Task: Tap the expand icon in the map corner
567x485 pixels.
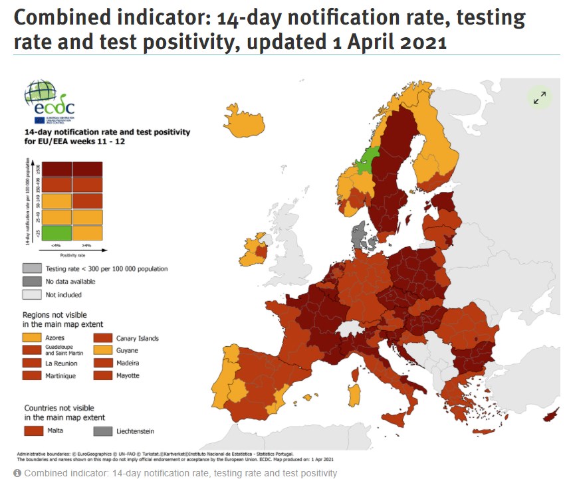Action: [540, 97]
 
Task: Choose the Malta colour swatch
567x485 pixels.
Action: [33, 431]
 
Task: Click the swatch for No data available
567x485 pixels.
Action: [32, 282]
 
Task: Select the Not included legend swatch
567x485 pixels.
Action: [32, 294]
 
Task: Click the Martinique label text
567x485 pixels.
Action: [61, 376]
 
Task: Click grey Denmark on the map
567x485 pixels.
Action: [360, 234]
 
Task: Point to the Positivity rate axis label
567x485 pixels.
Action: [73, 254]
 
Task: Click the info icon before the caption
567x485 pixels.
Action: [17, 473]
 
